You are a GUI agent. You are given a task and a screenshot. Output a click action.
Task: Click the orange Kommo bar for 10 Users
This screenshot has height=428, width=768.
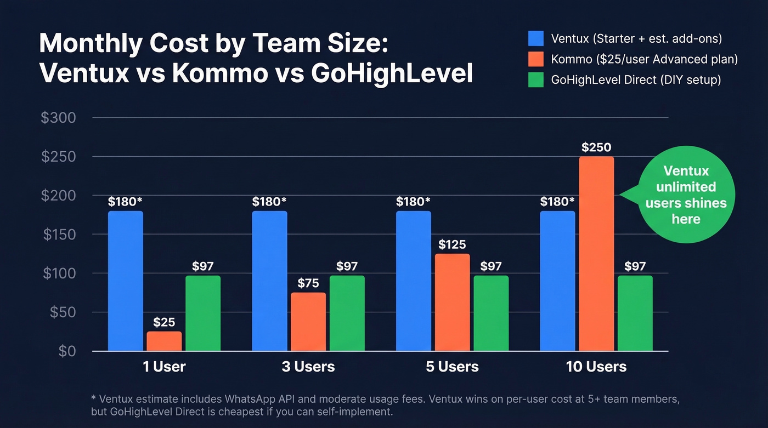(x=596, y=254)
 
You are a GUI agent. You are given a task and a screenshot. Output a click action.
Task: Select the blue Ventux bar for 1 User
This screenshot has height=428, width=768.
(x=126, y=281)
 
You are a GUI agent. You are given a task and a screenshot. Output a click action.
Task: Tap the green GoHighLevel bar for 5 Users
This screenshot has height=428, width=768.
(x=491, y=313)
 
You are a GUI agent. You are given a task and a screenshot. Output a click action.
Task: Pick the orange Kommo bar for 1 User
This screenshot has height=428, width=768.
(x=164, y=341)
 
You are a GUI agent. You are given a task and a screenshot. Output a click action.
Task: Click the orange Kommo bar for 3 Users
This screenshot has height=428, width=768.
(x=308, y=322)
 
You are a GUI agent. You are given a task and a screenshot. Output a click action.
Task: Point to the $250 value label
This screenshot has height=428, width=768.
(x=596, y=147)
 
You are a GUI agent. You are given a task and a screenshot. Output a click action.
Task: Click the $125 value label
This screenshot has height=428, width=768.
(x=452, y=244)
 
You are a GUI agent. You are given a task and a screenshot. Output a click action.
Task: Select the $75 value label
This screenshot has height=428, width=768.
(x=308, y=283)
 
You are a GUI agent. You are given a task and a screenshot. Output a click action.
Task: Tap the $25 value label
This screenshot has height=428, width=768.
(x=164, y=322)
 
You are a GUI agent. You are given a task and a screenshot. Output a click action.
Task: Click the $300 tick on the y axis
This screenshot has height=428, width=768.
(x=58, y=118)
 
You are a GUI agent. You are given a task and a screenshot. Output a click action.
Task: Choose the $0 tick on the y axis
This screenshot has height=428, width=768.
(x=66, y=351)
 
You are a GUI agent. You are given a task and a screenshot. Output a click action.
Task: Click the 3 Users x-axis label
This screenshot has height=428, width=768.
(x=308, y=367)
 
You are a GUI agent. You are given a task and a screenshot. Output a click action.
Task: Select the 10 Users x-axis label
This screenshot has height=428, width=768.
(x=596, y=367)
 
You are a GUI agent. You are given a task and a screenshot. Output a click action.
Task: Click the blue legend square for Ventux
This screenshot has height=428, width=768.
(x=535, y=38)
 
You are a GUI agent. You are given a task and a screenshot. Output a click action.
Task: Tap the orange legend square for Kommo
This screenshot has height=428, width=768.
(x=535, y=59)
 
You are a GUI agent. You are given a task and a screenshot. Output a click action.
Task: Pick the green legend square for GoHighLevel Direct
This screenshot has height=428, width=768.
(x=535, y=80)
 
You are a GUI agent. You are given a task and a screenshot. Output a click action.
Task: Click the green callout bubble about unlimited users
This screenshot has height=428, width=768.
(x=686, y=195)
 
